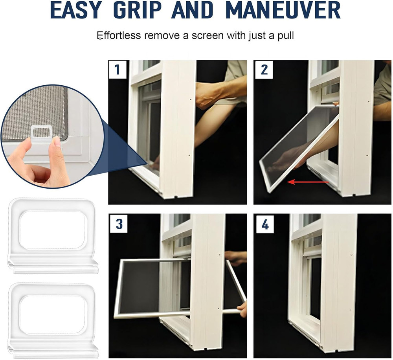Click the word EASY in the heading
pos(75,10)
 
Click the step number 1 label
pos(117,70)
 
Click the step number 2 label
pos(264,70)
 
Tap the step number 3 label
pos(119,224)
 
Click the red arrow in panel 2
pos(308,182)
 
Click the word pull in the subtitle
pos(285,36)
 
